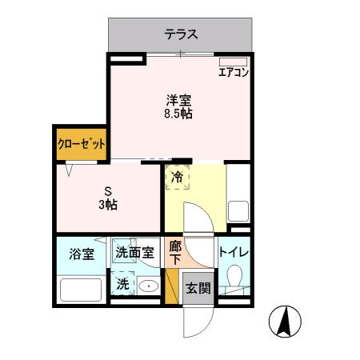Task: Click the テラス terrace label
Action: (182, 34)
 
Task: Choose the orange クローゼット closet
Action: (82, 145)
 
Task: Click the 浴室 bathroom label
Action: (81, 254)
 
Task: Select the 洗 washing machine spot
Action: (123, 283)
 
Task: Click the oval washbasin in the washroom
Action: (149, 286)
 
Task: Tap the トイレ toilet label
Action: (234, 254)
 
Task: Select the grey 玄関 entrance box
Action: (198, 288)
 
